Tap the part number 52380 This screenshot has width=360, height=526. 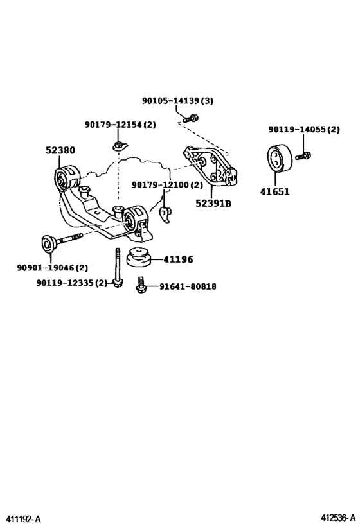[60, 150]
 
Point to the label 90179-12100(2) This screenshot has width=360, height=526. [167, 185]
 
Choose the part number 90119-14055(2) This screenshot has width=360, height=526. [304, 130]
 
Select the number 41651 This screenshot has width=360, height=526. [274, 191]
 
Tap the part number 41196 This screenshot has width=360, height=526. [178, 259]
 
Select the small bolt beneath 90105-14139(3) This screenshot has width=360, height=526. [190, 118]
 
